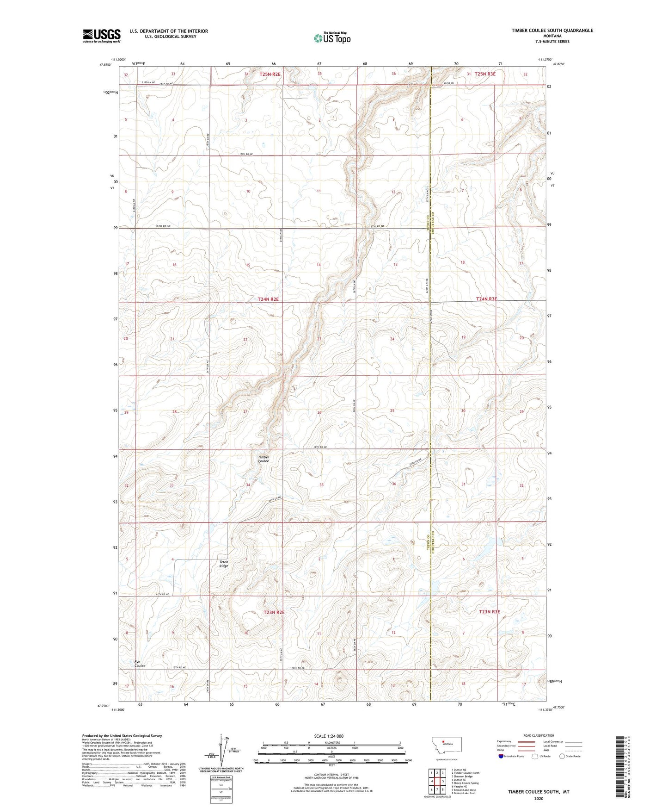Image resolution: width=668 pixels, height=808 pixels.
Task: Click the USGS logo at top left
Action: [102, 35]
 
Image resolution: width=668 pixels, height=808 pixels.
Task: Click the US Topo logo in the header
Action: [332, 38]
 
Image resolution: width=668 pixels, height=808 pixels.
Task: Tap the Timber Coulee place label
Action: [264, 459]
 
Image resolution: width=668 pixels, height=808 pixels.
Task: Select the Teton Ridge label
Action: [224, 564]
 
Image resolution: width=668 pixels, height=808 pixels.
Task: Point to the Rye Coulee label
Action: [140, 664]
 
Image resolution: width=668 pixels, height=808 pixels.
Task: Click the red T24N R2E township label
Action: [269, 299]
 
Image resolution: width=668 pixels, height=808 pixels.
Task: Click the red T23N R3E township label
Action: [490, 611]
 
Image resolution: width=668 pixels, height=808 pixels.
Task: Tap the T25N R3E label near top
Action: [485, 74]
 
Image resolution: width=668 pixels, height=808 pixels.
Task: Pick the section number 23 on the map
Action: [319, 339]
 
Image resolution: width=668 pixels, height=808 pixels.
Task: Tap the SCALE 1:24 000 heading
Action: [329, 736]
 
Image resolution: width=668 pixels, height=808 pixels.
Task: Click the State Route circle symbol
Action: [562, 756]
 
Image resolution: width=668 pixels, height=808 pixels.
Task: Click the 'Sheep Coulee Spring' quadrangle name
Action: [466, 783]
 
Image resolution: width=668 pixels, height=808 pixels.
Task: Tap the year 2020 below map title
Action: [539, 799]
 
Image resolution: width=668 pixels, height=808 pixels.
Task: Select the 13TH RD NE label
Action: [319, 447]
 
